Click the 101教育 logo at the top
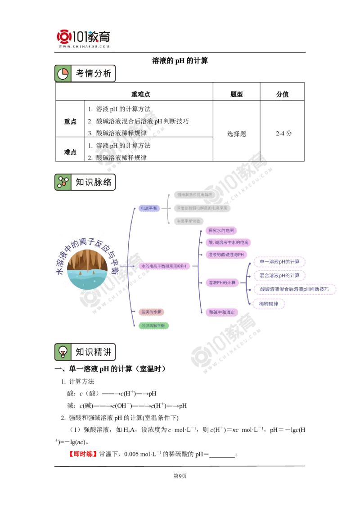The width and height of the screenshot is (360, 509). tap(84, 38)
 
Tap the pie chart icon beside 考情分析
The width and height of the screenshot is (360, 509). tap(63, 74)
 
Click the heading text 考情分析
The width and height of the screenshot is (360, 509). tap(93, 74)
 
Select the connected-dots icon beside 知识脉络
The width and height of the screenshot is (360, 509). tap(63, 182)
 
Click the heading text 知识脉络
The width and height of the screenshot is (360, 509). tap(93, 182)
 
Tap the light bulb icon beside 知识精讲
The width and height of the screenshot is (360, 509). tap(63, 352)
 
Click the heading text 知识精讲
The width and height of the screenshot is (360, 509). tap(93, 352)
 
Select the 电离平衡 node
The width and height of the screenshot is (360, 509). tap(149, 209)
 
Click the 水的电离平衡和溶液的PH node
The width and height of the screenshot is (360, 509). tap(163, 266)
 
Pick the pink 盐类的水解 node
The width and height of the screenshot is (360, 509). tap(151, 312)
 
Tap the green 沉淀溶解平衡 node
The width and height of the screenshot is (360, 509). tap(155, 326)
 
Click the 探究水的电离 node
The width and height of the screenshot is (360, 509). tap(221, 231)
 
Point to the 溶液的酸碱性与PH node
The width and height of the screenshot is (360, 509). tap(225, 254)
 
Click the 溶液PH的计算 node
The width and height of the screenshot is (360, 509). tap(221, 282)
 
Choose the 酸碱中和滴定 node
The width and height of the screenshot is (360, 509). tap(221, 312)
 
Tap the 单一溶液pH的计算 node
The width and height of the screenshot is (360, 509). tap(279, 261)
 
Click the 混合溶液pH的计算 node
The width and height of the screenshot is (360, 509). tap(279, 275)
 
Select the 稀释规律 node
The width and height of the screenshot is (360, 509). tap(269, 304)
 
